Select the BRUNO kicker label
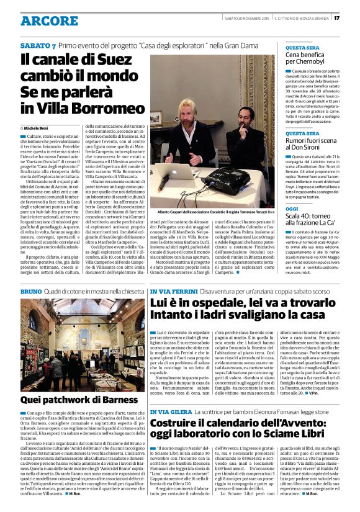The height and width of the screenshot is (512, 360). [x=31, y=291]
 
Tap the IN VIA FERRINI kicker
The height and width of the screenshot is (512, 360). [x=172, y=291]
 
